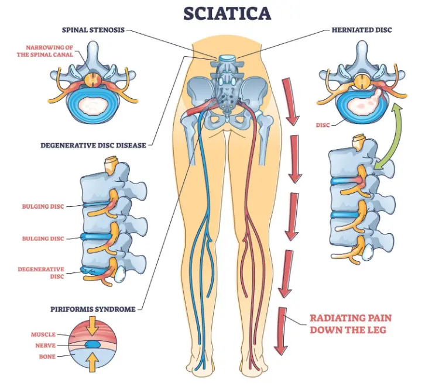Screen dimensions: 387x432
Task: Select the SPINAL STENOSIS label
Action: coord(94,29)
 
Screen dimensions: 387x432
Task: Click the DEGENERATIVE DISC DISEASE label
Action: coord(94,145)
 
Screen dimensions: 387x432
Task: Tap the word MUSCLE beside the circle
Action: coord(43,334)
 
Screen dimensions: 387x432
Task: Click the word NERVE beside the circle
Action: coord(45,345)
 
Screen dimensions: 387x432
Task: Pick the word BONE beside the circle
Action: coord(47,356)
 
